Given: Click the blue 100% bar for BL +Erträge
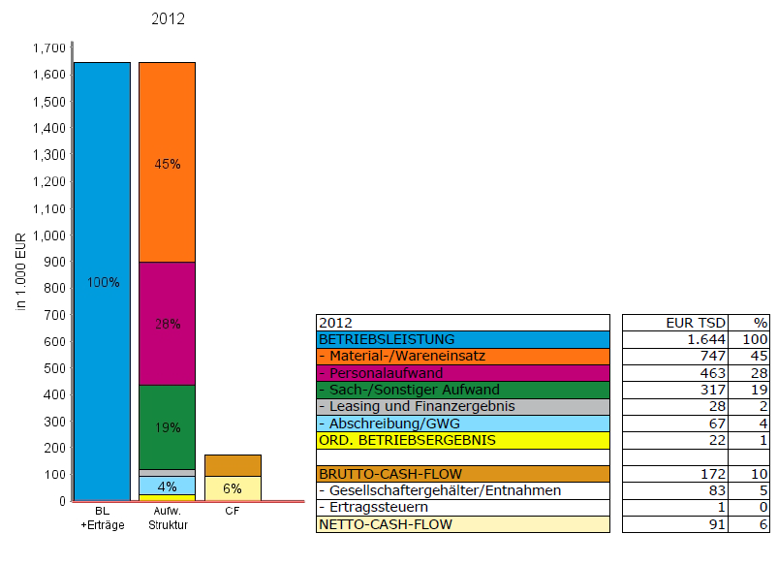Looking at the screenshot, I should pos(102,281).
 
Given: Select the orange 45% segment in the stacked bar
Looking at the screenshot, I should pos(167,162).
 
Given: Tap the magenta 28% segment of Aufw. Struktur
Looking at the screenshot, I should pos(167,324).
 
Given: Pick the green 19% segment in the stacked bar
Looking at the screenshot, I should pos(167,426).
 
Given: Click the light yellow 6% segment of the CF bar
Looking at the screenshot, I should pos(233,488).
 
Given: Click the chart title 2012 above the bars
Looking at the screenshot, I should pos(169,18).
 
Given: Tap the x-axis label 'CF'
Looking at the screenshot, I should pos(233,510).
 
